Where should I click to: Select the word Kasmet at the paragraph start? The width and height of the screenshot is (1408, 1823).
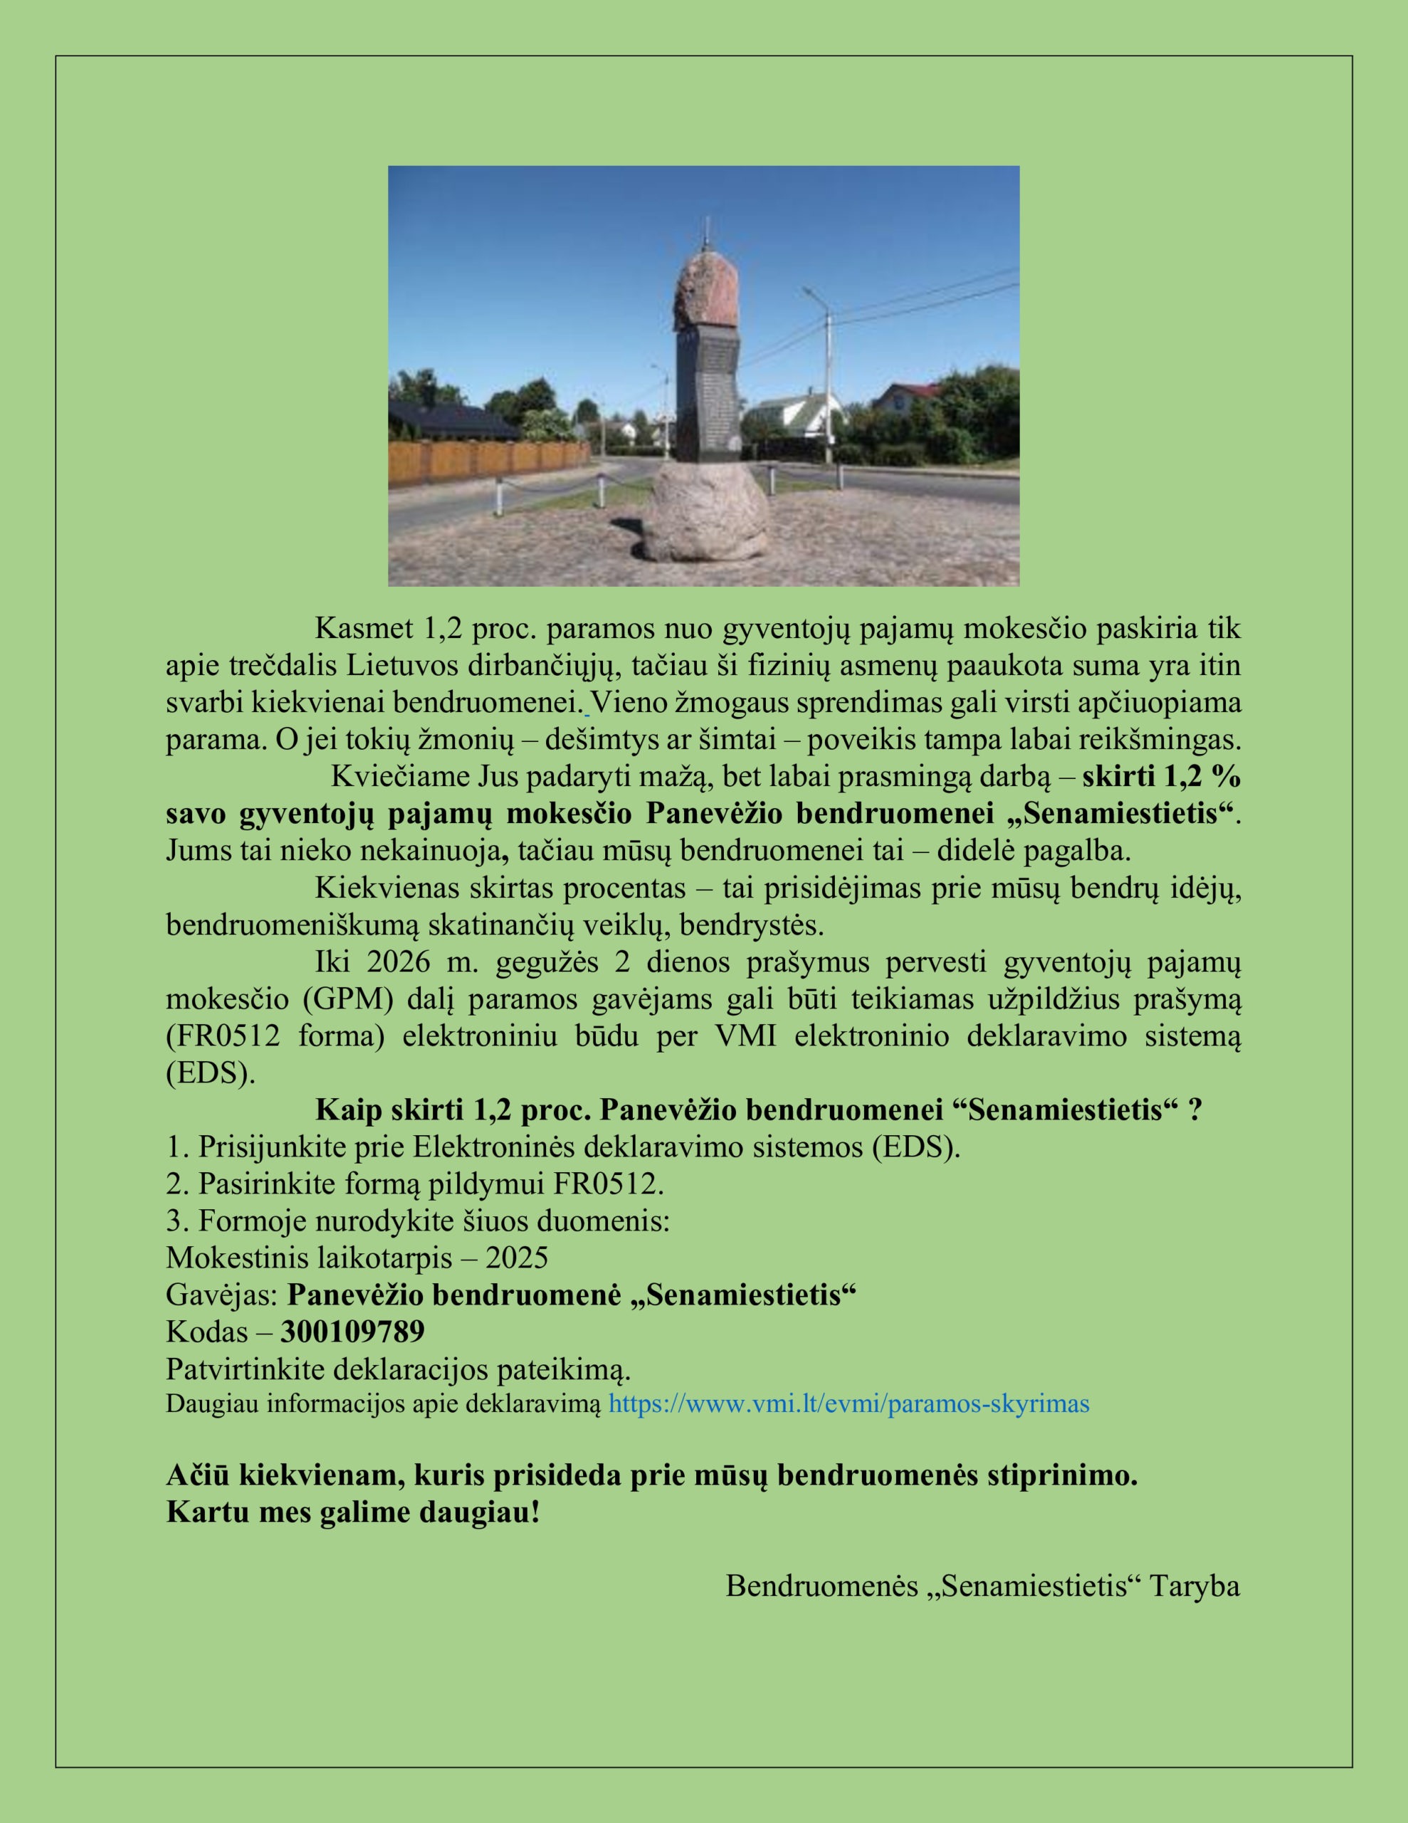(364, 629)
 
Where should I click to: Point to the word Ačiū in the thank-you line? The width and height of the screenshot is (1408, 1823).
(198, 1475)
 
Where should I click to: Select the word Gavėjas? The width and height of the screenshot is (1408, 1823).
(221, 1295)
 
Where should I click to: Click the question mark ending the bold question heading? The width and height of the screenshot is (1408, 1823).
(1195, 1111)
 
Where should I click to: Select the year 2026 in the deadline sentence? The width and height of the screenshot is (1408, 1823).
(398, 963)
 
